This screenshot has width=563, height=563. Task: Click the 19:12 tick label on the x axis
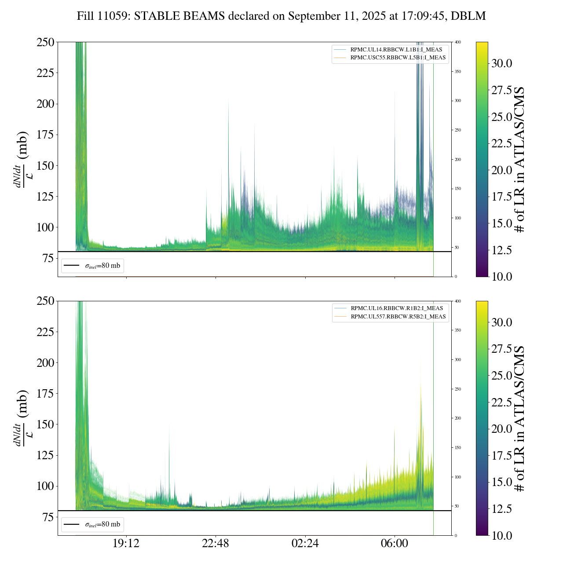point(126,544)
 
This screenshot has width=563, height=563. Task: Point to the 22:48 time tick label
point(216,544)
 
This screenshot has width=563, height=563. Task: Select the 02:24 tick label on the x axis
point(305,544)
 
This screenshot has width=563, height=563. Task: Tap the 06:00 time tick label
point(395,544)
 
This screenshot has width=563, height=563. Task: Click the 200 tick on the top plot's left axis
point(45,104)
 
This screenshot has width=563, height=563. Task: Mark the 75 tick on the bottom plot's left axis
point(48,517)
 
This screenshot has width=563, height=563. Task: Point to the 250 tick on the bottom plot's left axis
point(45,301)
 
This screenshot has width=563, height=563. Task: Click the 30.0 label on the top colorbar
point(501,63)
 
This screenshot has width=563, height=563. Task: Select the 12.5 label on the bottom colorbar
point(501,509)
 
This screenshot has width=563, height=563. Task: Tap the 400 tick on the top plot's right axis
point(458,42)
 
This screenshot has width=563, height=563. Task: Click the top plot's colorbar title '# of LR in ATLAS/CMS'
point(520,159)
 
